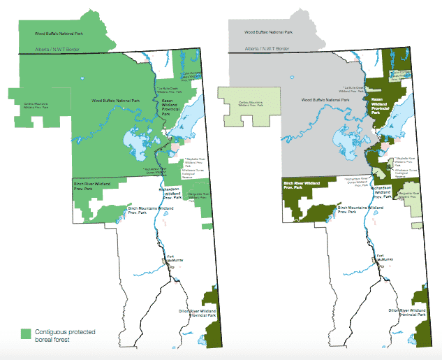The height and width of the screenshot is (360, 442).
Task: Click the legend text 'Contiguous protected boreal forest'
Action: tap(67, 333)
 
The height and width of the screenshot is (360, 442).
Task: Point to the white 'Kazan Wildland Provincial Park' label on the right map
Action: tap(381, 105)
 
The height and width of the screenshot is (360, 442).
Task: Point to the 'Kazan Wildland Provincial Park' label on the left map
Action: tap(170, 105)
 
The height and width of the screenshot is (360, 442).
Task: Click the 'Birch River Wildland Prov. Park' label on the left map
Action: tap(92, 186)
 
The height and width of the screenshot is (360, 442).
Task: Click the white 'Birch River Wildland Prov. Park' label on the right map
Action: tap(302, 186)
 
